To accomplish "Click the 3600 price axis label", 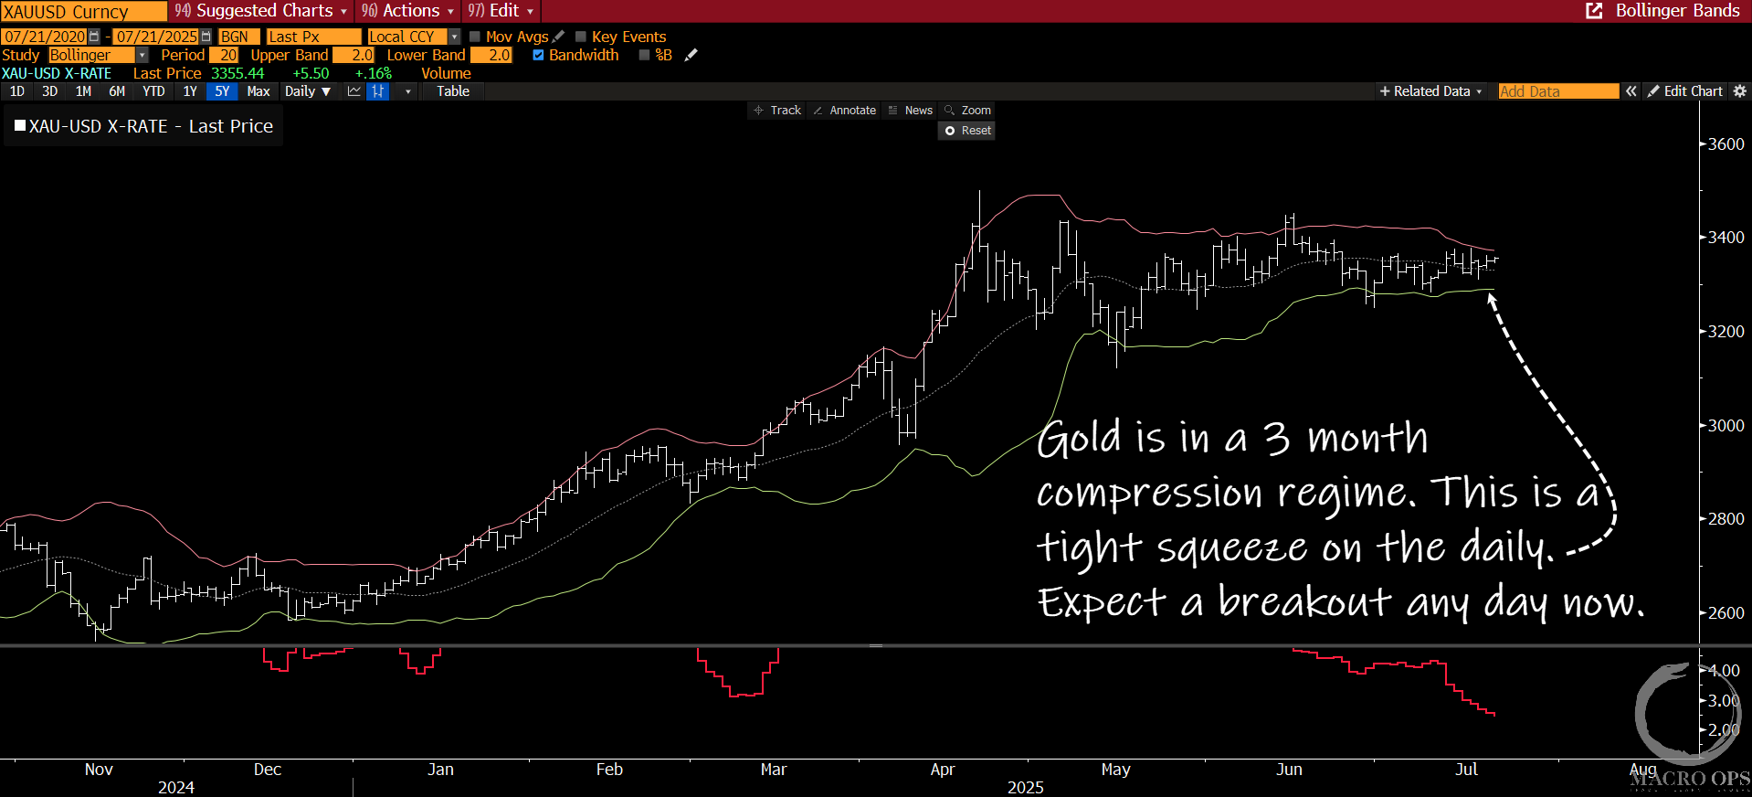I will pyautogui.click(x=1726, y=144).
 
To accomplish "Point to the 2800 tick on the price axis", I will pyautogui.click(x=1726, y=519).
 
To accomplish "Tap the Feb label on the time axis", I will pyautogui.click(x=609, y=770).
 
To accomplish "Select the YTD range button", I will pyautogui.click(x=153, y=91).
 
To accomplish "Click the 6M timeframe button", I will pyautogui.click(x=117, y=91).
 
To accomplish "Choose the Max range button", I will pyautogui.click(x=259, y=91).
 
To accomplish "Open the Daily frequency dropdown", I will pyautogui.click(x=308, y=91).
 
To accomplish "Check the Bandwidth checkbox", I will pyautogui.click(x=539, y=55).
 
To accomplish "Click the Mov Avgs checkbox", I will pyautogui.click(x=475, y=37).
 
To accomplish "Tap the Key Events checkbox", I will pyautogui.click(x=581, y=37).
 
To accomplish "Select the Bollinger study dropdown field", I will pyautogui.click(x=97, y=55).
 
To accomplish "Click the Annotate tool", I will pyautogui.click(x=845, y=111).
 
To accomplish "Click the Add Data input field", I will pyautogui.click(x=1557, y=91).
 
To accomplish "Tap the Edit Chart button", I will pyautogui.click(x=1685, y=91).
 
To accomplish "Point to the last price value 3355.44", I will pyautogui.click(x=237, y=73).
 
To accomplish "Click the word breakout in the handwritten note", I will pyautogui.click(x=1304, y=603).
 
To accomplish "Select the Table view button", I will pyautogui.click(x=453, y=91).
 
